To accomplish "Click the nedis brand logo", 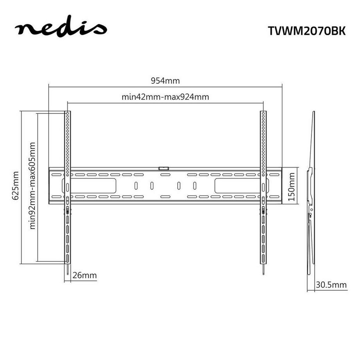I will point(60,29).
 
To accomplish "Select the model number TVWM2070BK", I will point(307,31).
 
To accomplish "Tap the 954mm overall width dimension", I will point(165,81).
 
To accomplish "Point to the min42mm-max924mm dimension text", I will point(165,97).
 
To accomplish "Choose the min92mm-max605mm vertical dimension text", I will point(32,185).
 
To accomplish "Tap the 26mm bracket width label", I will point(84,275).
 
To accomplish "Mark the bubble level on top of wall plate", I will point(164,168).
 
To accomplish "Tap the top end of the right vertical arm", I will point(263,113).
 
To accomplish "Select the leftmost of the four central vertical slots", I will point(135,185).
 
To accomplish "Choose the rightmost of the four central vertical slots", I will point(194,185).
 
